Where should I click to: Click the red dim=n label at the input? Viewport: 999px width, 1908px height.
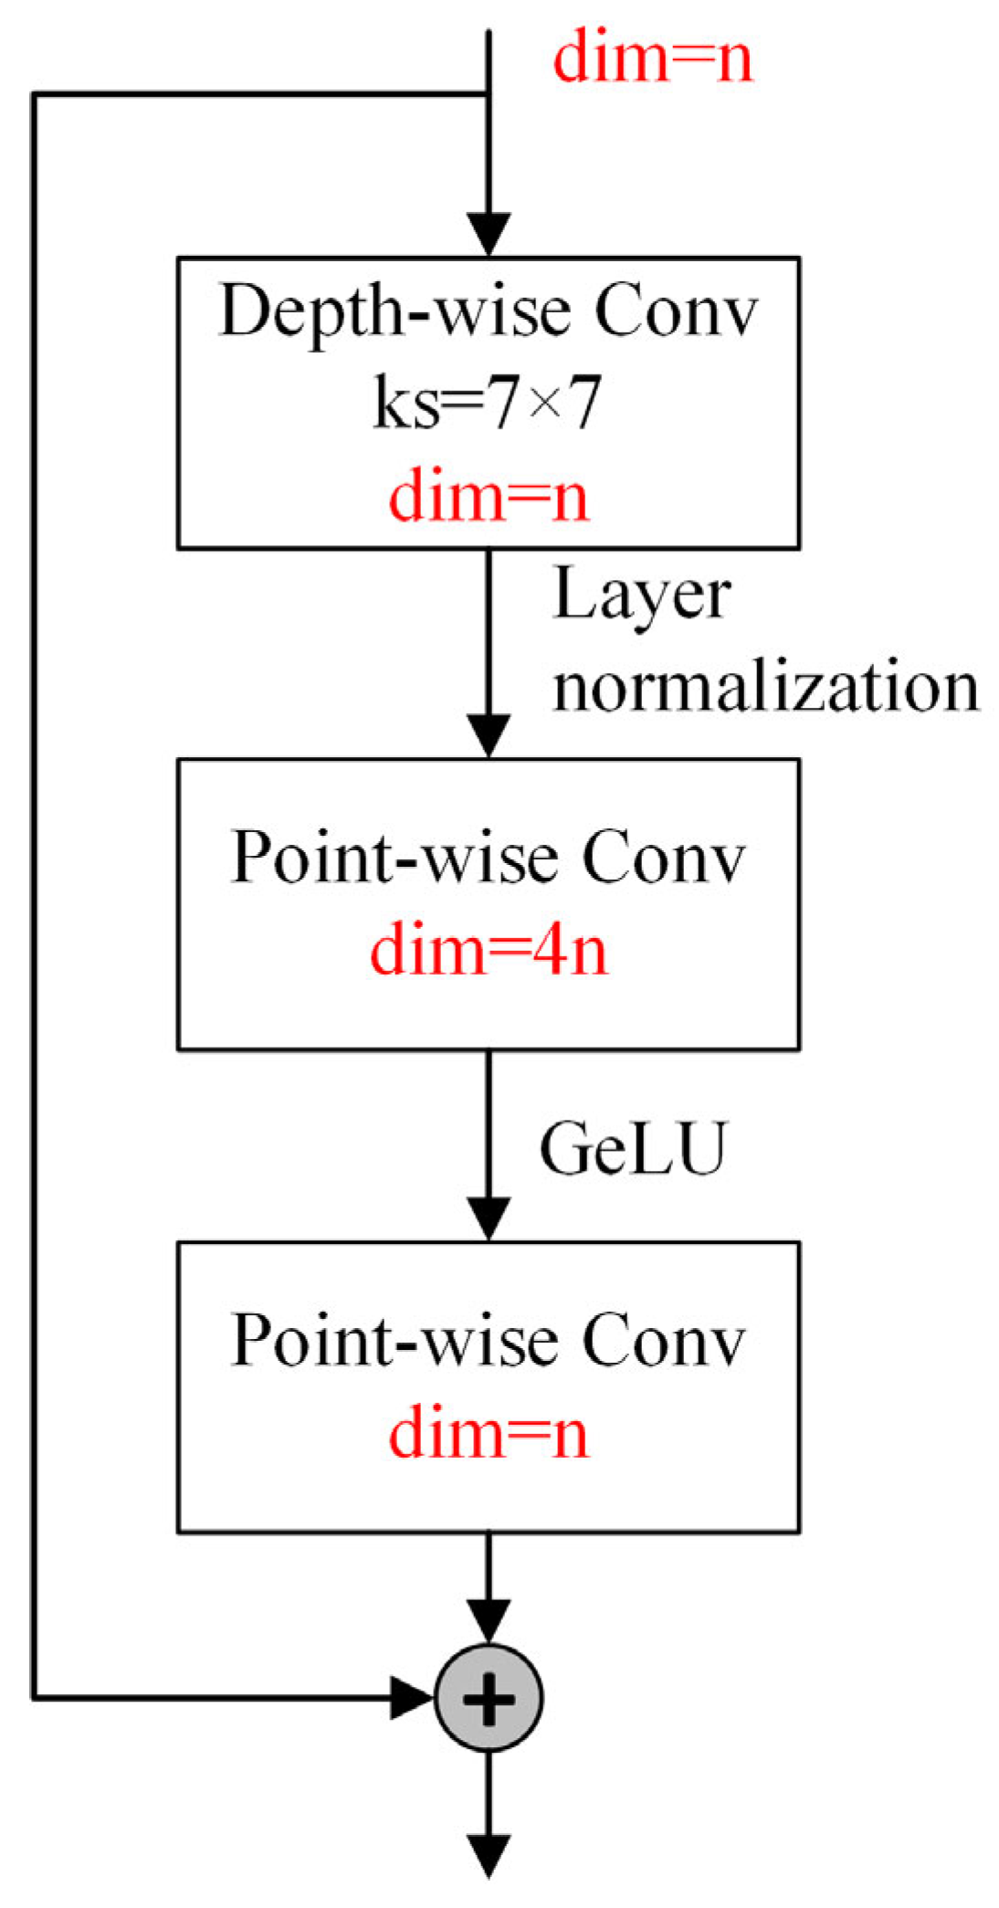pos(652,57)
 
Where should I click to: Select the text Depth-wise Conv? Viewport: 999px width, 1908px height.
pos(489,311)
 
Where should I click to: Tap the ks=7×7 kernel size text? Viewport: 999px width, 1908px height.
pos(489,403)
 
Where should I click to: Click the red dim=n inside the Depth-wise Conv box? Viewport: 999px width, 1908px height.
pos(489,496)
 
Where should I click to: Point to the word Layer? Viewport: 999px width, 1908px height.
pos(641,596)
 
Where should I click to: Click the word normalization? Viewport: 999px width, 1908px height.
pos(765,687)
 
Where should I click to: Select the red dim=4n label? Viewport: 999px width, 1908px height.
pos(489,950)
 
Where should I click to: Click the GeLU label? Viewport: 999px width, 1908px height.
pos(633,1148)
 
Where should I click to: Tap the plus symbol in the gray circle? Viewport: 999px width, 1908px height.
pos(489,1698)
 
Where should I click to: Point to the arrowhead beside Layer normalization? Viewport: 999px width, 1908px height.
pos(489,734)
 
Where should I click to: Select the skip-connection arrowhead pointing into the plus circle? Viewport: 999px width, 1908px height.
pos(411,1698)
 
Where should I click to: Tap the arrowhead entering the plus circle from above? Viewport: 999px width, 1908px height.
pos(489,1621)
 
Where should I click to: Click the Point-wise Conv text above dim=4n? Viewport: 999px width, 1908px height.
pos(489,858)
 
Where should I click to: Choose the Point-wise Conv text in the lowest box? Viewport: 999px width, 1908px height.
pos(489,1340)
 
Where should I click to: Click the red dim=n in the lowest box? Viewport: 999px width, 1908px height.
pos(489,1433)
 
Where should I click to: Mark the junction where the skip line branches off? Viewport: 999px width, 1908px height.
pos(489,94)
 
